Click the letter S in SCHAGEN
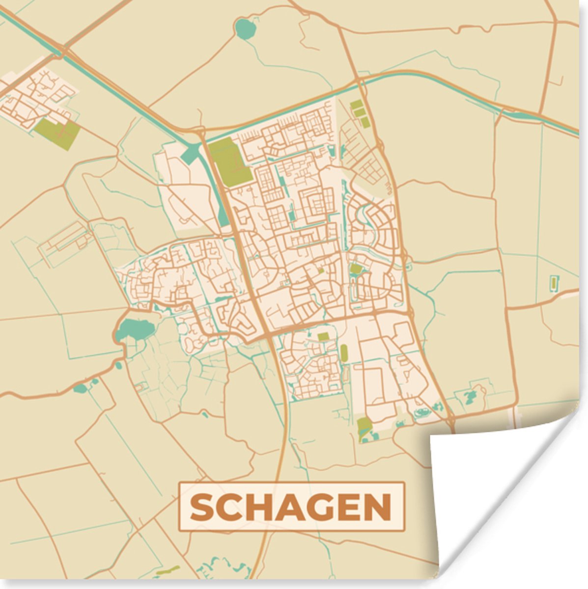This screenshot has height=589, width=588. [x=201, y=508]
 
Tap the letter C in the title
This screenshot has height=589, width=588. [x=229, y=508]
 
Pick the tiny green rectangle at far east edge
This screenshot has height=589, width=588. [x=554, y=283]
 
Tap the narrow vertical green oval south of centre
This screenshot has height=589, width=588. [x=343, y=352]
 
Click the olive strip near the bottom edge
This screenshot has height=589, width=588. [x=167, y=571]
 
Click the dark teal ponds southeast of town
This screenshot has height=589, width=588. [x=471, y=396]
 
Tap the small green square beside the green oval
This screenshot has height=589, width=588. [x=323, y=336]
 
